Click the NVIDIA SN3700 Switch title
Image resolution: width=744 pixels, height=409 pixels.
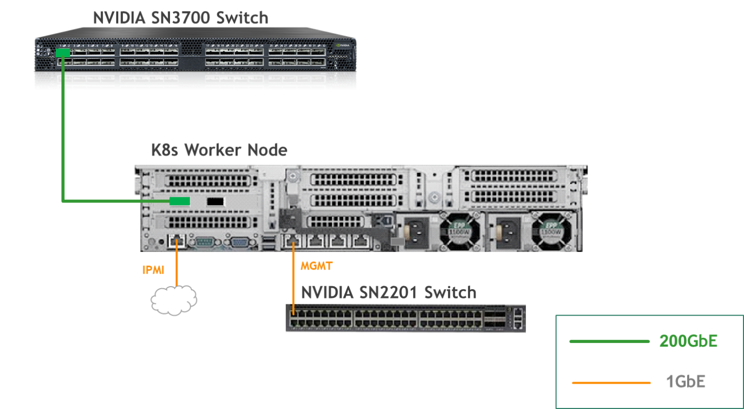pos(180,18)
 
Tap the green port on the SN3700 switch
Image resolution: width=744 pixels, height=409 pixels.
pos(63,52)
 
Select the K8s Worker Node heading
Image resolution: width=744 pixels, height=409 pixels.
pos(219,150)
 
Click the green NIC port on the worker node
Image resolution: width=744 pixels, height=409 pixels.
pos(179,201)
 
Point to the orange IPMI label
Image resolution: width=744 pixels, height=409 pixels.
pos(153,270)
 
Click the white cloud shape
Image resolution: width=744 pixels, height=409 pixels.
pos(174,300)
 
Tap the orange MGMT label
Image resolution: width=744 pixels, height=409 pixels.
pos(317,267)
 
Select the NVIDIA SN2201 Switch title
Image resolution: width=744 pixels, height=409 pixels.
pos(388,293)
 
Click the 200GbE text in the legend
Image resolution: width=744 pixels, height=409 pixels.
pos(688,341)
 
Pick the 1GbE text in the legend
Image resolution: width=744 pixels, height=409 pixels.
pos(686,382)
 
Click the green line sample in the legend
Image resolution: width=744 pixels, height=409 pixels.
pos(609,342)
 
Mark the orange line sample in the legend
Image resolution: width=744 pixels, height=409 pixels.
pos(611,383)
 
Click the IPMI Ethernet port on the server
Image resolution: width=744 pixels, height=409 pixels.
pos(176,241)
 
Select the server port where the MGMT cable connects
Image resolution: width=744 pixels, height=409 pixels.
pos(293,240)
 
